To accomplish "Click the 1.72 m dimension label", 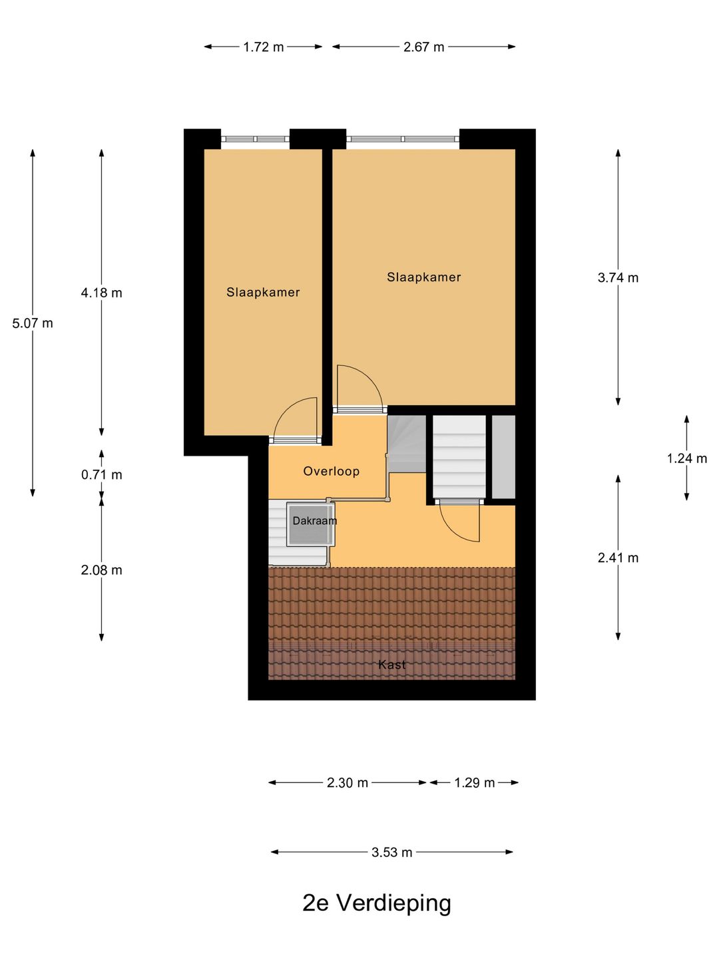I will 263,47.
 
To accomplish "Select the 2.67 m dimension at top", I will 423,47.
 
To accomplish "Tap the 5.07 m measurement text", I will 33,323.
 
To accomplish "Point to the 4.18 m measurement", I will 102,293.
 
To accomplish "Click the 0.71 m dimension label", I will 102,475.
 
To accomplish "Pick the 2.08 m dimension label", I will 102,570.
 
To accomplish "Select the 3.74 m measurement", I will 618,278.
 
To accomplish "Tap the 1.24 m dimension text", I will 687,458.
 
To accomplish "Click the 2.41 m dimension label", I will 618,558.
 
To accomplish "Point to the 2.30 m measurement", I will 348,783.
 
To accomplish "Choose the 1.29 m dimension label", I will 475,783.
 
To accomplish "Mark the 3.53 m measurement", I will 392,852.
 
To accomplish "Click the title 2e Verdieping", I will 377,903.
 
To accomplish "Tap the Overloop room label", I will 332,472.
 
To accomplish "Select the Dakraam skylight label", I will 314,521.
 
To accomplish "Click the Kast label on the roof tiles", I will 392,665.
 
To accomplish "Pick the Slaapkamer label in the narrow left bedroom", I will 263,292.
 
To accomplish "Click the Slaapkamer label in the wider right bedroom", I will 424,277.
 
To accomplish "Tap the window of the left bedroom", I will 255,139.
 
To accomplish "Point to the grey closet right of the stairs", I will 504,456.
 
